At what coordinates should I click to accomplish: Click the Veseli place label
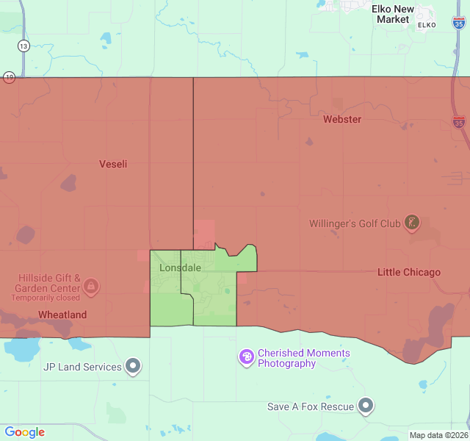pos(113,164)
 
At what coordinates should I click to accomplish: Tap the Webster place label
pos(342,119)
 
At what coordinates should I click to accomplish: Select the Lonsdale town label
pos(180,268)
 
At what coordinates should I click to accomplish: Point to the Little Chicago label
pos(409,272)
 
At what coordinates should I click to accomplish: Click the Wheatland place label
pos(62,315)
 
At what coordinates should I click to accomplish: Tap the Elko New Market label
pos(393,14)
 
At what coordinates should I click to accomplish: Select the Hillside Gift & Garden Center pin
pos(91,284)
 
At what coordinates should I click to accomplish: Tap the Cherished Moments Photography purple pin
pos(247,357)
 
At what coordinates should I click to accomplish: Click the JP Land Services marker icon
pos(133,365)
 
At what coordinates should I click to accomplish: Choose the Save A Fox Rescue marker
pos(366,405)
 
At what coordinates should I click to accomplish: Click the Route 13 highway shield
pos(24,46)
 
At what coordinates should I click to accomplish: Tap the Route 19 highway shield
pos(9,76)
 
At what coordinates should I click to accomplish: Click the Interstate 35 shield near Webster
pos(458,122)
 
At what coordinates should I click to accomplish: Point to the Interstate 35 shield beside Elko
pos(458,24)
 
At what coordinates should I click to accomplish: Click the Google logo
pos(24,432)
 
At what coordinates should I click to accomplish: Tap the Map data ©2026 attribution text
pos(438,435)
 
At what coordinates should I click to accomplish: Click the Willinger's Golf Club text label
pos(355,223)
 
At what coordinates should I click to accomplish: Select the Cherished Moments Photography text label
pos(303,358)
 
